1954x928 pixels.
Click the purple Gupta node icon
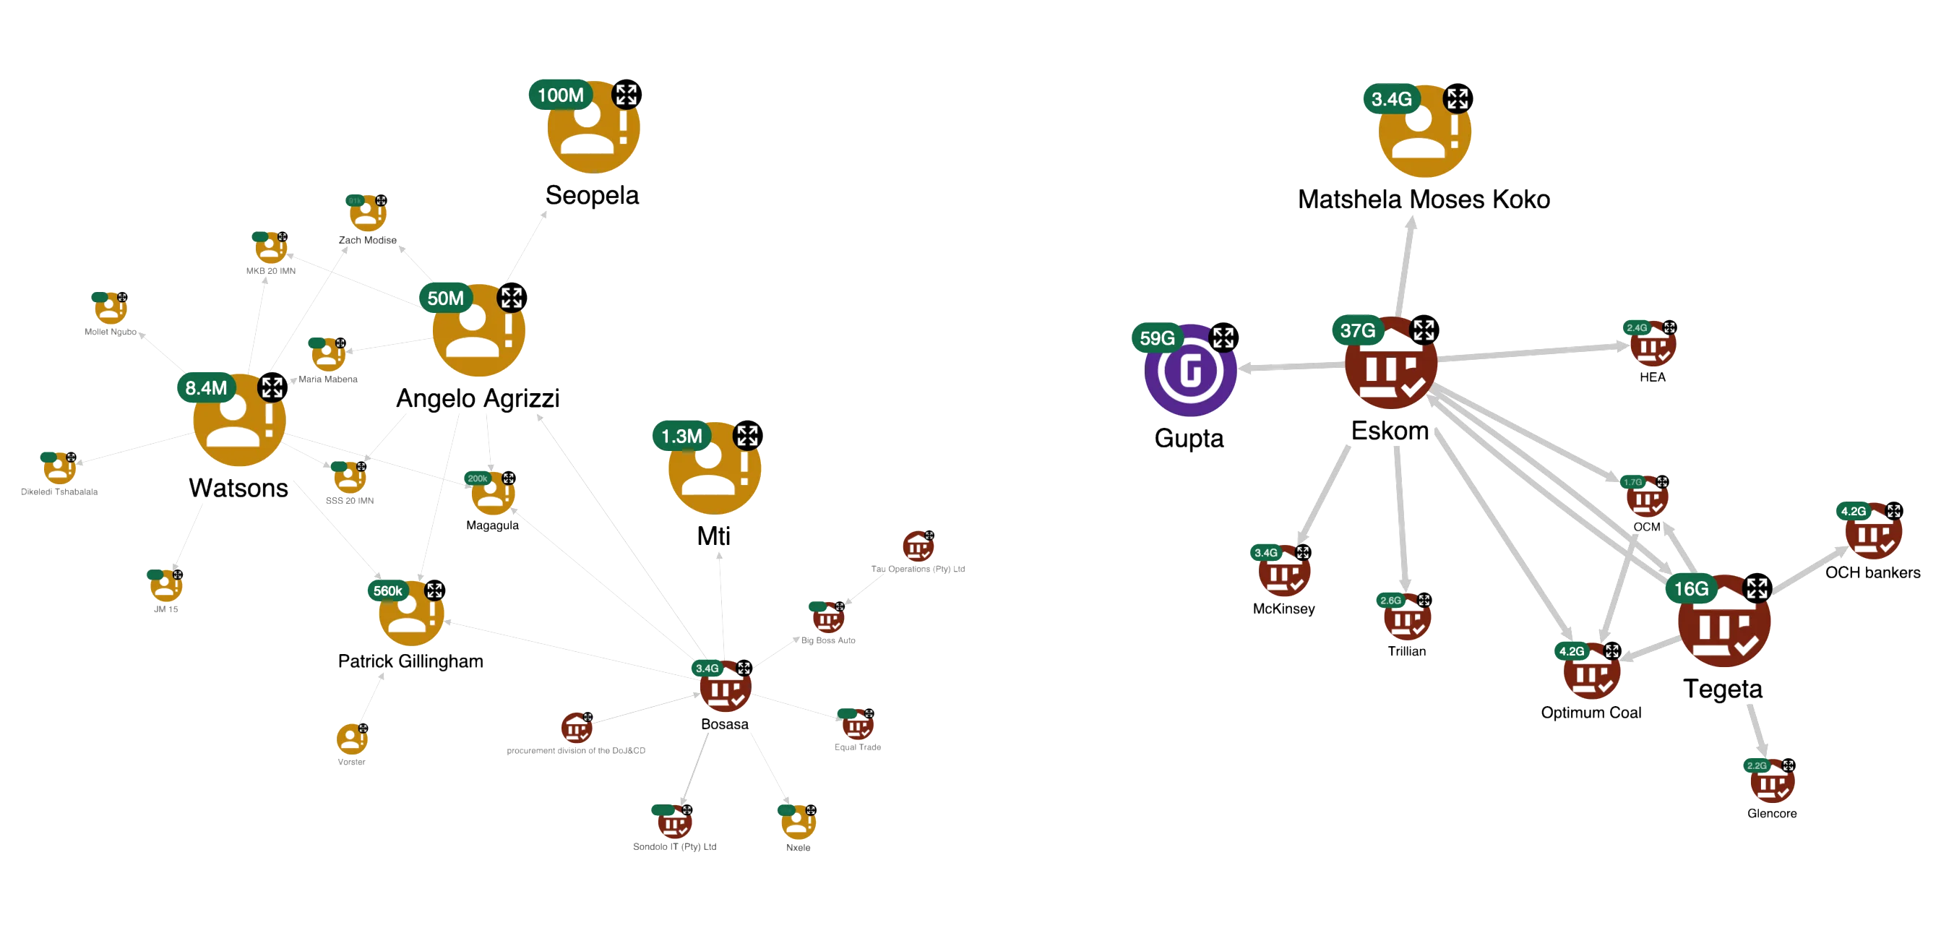(x=1191, y=371)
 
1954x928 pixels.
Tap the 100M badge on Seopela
(x=561, y=95)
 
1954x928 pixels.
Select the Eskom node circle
(x=1391, y=363)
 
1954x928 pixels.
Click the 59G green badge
(x=1157, y=338)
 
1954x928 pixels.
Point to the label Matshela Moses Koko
(x=1424, y=199)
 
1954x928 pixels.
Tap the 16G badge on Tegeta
(x=1691, y=589)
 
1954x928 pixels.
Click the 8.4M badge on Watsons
(x=205, y=387)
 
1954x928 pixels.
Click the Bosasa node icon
(x=726, y=686)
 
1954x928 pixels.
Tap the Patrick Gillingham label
(x=410, y=661)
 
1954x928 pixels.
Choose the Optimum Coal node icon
(x=1591, y=672)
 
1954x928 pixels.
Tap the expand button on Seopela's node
(x=627, y=95)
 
